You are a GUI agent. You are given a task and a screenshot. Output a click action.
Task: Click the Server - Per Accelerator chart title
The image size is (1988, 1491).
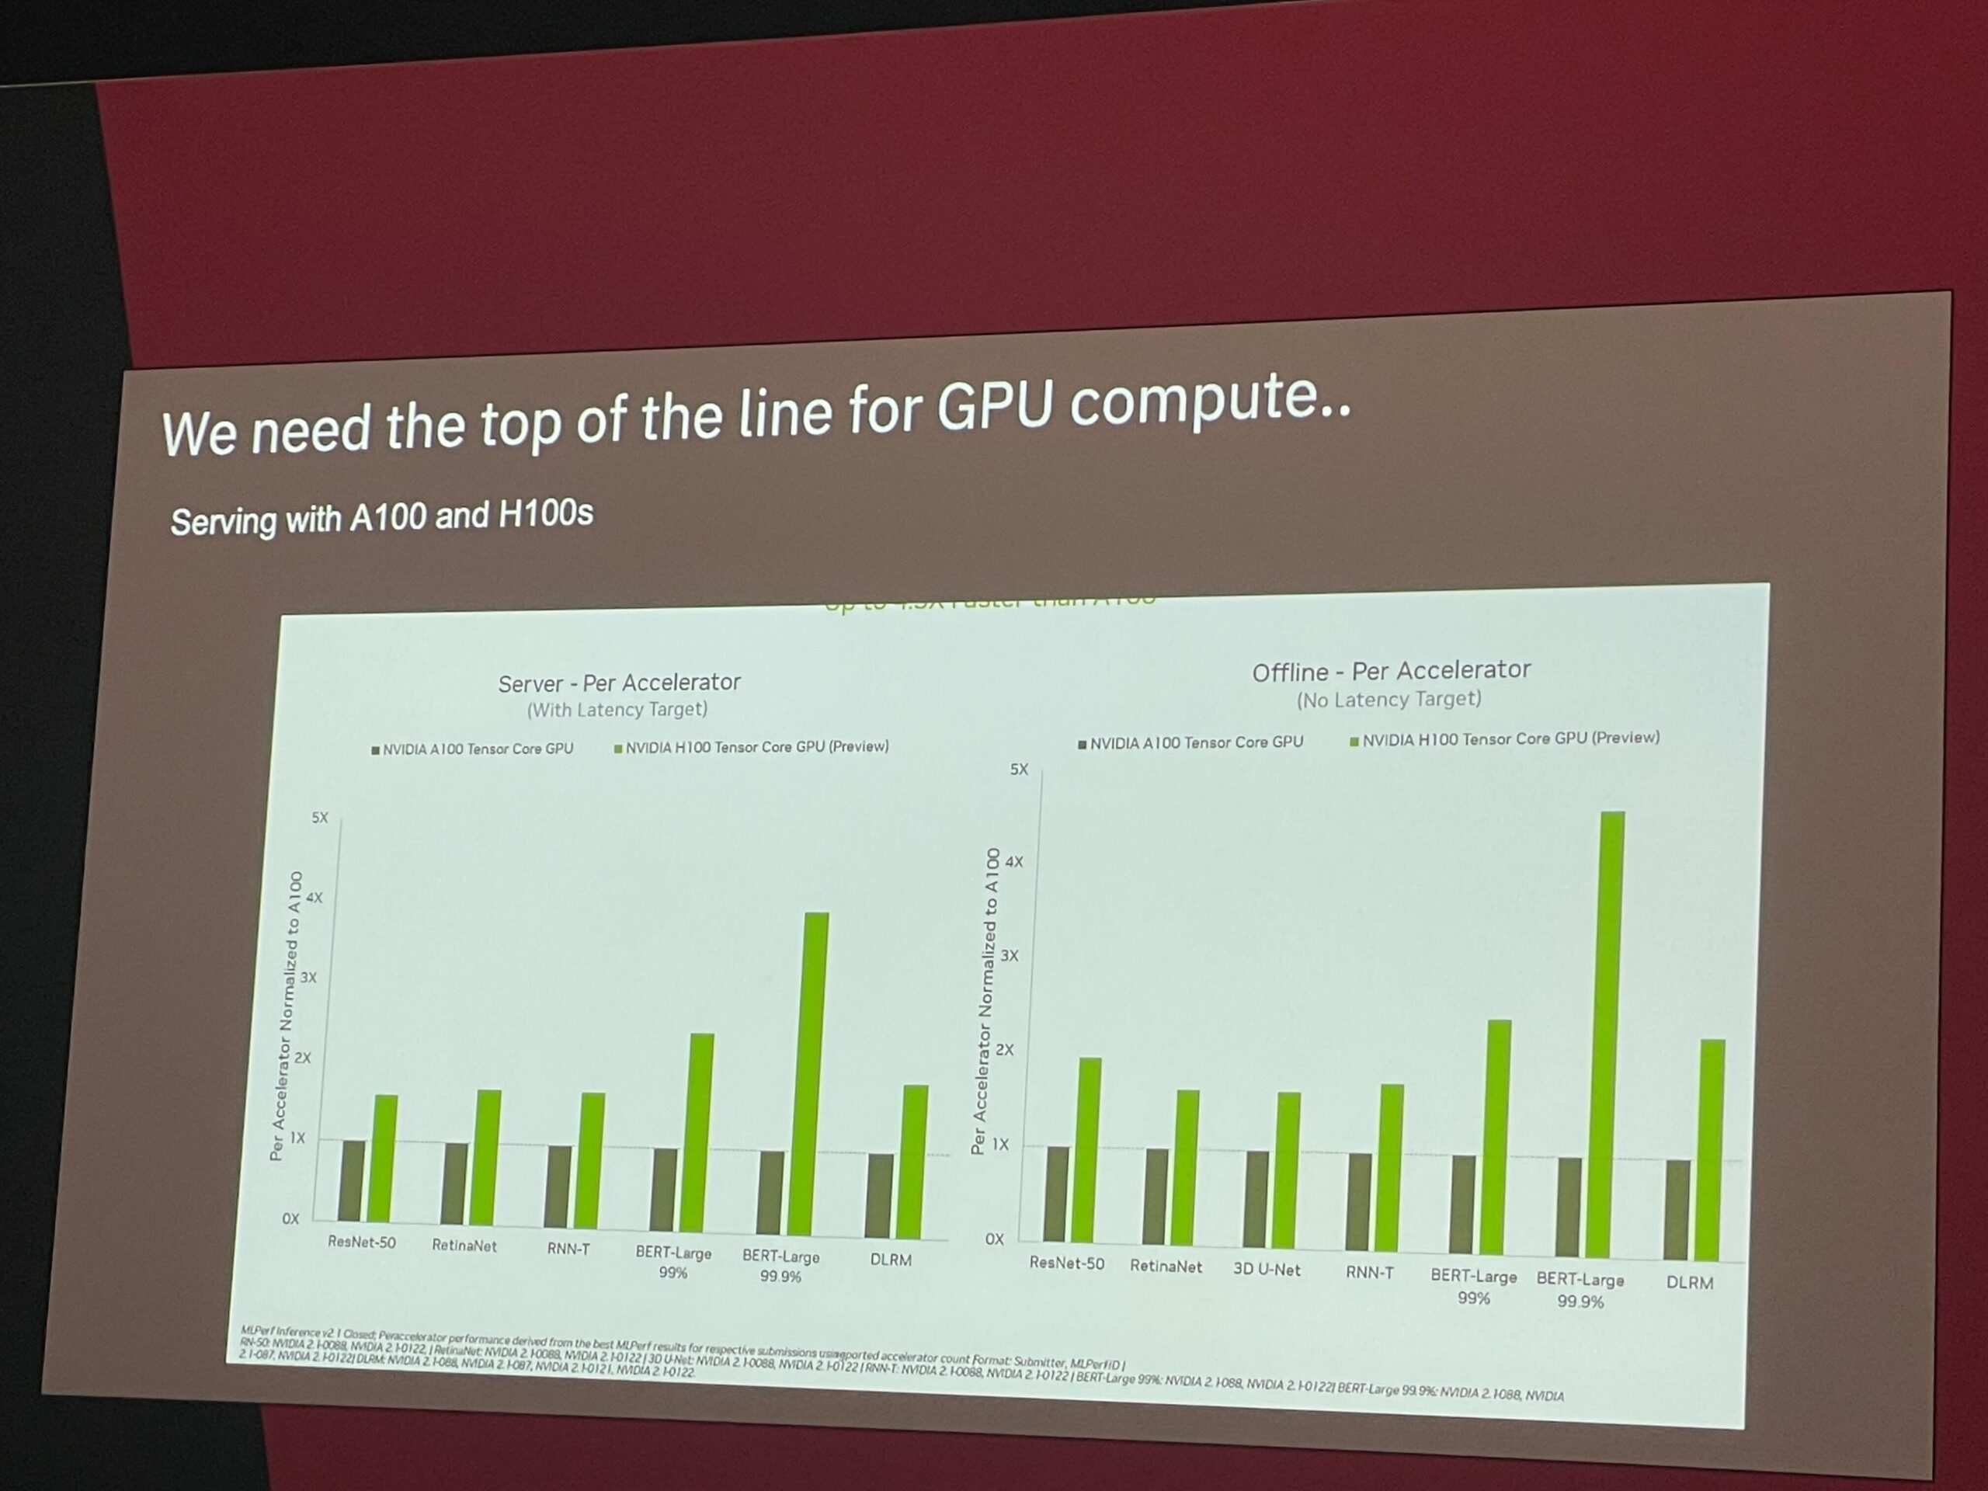point(619,683)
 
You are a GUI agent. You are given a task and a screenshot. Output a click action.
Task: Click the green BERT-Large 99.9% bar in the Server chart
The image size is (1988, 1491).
point(816,1074)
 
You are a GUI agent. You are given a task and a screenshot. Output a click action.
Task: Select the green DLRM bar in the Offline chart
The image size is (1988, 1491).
point(1712,1150)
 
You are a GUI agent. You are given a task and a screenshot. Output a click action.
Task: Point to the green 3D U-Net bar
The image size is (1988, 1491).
point(1287,1171)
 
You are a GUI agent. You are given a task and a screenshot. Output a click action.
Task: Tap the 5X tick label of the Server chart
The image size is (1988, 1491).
point(320,818)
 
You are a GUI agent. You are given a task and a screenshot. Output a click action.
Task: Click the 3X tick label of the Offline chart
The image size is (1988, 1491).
point(1010,955)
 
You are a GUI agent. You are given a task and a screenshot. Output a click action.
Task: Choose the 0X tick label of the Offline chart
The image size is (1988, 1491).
point(994,1239)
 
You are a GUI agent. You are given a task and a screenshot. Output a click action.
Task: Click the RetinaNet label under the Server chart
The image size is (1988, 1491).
point(464,1246)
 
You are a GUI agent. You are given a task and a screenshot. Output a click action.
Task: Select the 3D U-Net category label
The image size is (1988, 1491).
point(1267,1269)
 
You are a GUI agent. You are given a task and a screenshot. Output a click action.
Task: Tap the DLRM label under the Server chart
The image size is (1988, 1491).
point(890,1260)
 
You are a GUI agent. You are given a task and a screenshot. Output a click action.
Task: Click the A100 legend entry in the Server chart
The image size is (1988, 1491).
point(473,749)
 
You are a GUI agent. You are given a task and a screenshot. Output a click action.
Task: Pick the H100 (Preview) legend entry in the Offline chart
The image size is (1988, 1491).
point(1506,739)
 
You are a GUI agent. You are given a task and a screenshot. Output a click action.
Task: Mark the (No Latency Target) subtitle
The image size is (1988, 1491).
point(1388,699)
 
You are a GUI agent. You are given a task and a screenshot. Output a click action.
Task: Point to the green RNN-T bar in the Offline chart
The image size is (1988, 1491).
point(1390,1169)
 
